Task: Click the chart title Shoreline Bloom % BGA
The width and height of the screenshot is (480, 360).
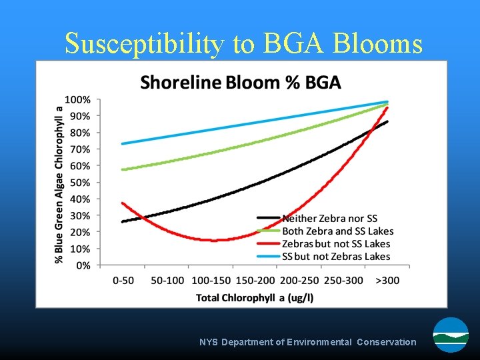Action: pyautogui.click(x=240, y=83)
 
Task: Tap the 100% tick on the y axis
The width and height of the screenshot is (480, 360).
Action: pyautogui.click(x=78, y=99)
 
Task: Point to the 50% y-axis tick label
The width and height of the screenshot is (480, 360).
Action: pyautogui.click(x=80, y=182)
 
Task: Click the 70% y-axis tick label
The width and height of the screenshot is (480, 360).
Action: pyautogui.click(x=80, y=149)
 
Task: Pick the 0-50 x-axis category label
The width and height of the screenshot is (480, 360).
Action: pyautogui.click(x=123, y=281)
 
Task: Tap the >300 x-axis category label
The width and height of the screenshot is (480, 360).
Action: pyautogui.click(x=387, y=281)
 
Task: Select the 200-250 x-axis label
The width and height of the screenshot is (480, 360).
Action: pyautogui.click(x=299, y=281)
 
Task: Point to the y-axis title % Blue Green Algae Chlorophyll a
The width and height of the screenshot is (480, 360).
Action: pyautogui.click(x=59, y=183)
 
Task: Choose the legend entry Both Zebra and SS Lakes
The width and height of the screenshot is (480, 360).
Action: pyautogui.click(x=337, y=231)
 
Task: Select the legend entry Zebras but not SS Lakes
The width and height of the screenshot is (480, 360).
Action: pyautogui.click(x=336, y=244)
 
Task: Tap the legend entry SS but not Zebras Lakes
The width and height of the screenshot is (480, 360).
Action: pyautogui.click(x=336, y=257)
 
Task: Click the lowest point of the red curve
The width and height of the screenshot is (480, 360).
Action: pyautogui.click(x=213, y=240)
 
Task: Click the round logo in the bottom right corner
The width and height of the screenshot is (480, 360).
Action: pyautogui.click(x=451, y=335)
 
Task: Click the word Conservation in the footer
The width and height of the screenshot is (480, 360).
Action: pyautogui.click(x=386, y=342)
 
